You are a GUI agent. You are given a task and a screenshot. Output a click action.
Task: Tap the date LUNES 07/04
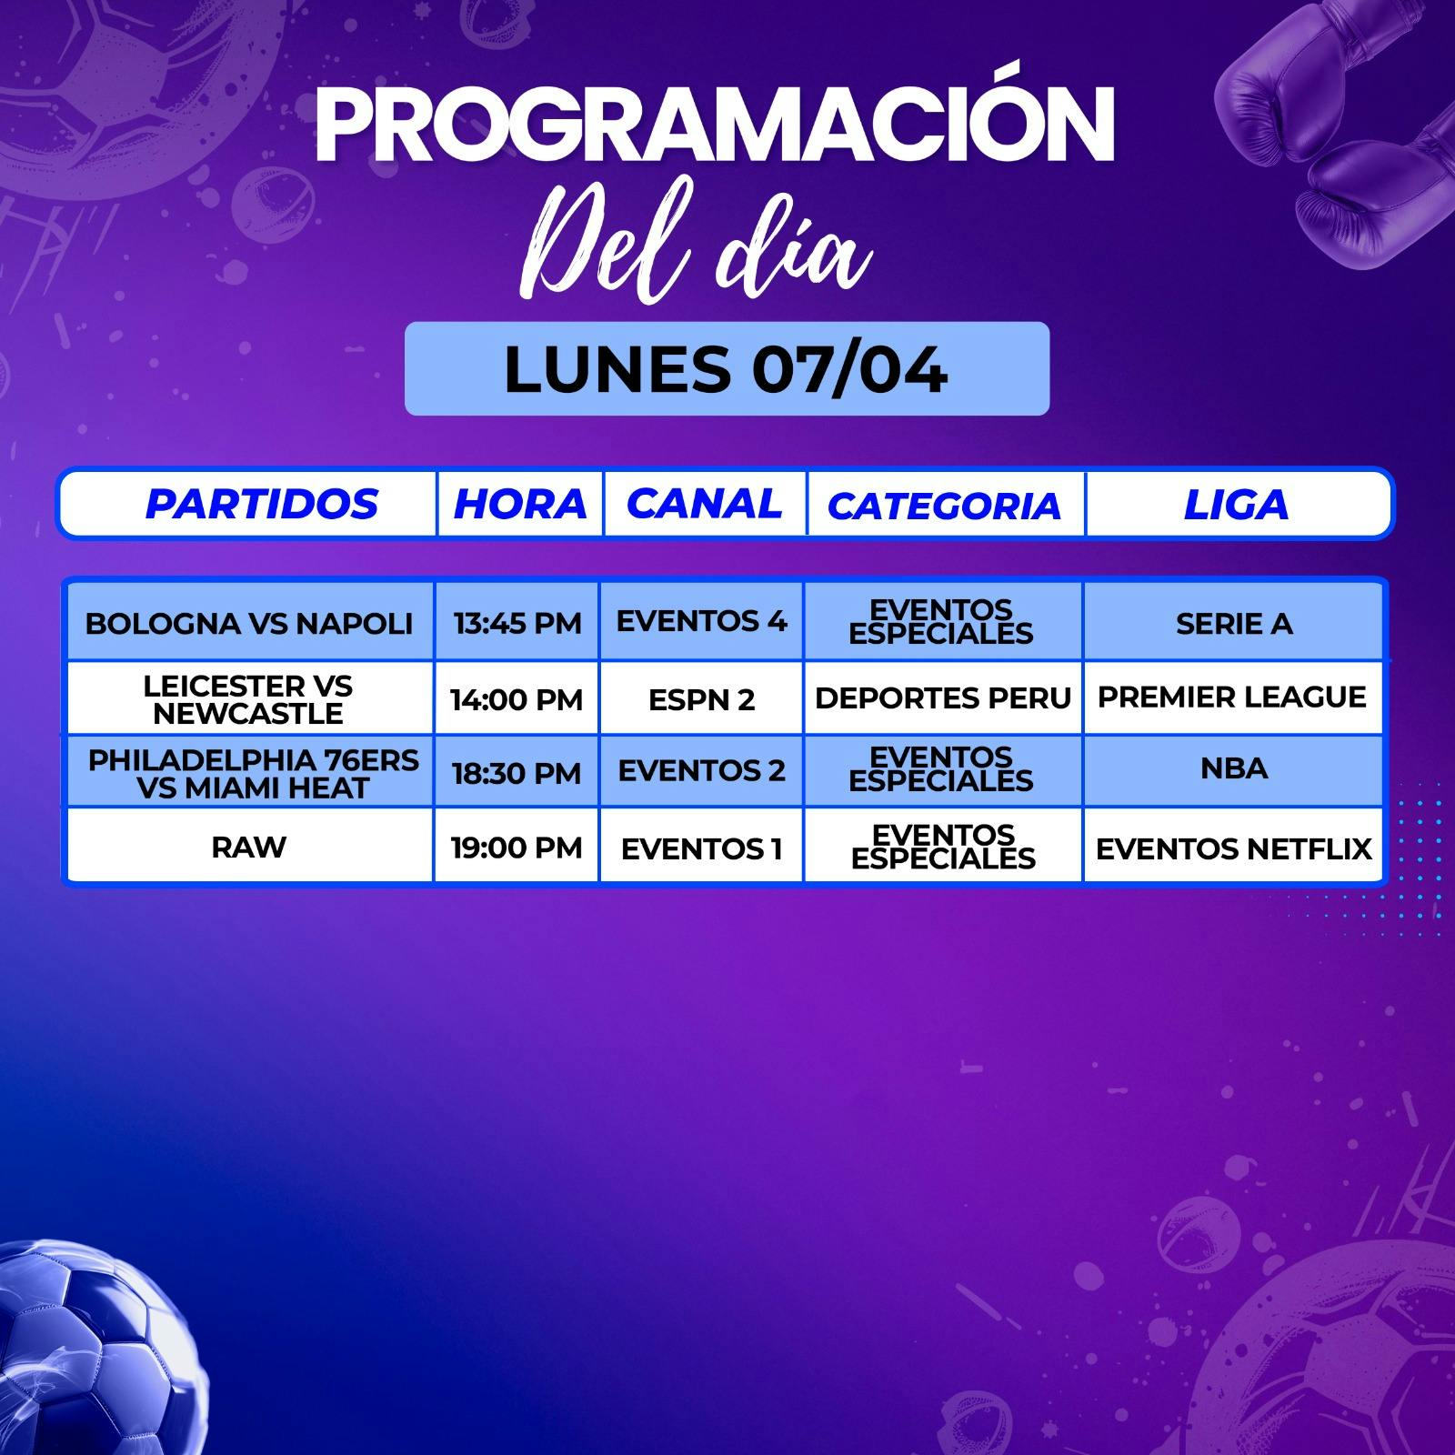[726, 369]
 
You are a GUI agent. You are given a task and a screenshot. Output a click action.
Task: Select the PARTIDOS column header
[261, 504]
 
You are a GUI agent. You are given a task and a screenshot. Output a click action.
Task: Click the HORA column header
[520, 504]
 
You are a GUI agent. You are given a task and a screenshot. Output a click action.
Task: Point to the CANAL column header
[705, 503]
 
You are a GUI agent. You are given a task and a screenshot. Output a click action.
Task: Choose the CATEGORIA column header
[944, 507]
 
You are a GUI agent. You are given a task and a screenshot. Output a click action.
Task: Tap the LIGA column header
[1236, 505]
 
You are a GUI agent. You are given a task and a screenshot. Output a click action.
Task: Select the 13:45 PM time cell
[517, 623]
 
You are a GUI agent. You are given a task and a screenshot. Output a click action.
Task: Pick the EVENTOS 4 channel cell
[701, 621]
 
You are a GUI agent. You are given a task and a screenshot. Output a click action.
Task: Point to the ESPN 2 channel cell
[701, 699]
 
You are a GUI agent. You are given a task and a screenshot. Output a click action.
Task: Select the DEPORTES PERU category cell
[943, 697]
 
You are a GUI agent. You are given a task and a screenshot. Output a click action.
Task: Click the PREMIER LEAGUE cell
[1232, 697]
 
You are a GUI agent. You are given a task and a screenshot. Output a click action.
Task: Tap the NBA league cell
[1234, 768]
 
